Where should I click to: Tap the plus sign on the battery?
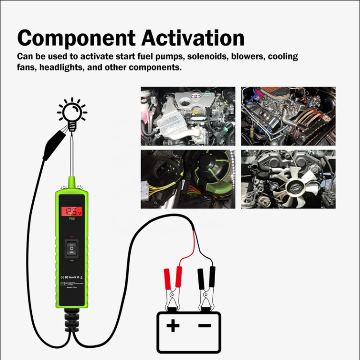pos(173,325)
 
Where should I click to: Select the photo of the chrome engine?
pos(288,116)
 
